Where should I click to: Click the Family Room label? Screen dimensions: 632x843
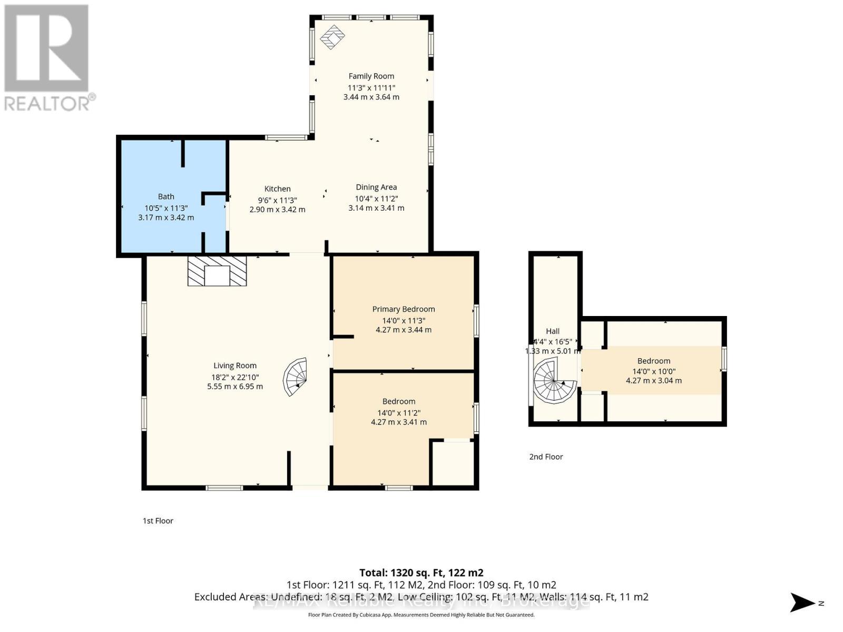point(371,76)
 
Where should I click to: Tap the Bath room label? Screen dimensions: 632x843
point(166,196)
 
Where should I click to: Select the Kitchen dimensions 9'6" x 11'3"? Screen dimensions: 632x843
point(277,200)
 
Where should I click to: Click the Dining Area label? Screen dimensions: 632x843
point(376,187)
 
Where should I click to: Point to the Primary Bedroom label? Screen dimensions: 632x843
point(404,309)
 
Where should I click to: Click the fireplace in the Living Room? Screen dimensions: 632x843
point(217,271)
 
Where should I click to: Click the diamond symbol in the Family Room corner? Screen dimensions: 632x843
point(332,37)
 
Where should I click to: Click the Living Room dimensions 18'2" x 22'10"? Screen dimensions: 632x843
point(235,377)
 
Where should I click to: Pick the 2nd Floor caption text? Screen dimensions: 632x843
point(546,457)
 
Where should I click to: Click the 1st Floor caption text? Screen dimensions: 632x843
point(158,520)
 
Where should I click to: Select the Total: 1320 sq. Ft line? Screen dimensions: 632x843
point(421,572)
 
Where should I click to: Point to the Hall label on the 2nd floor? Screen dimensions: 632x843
point(553,331)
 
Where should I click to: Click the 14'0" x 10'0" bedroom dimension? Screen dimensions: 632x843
point(654,371)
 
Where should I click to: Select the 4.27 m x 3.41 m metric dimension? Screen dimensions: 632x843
point(399,422)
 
